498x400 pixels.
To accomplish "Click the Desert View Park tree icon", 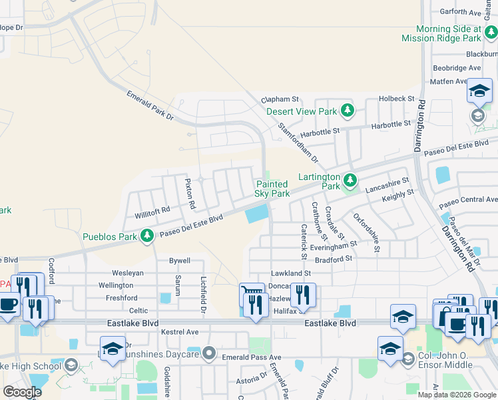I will coord(347,110).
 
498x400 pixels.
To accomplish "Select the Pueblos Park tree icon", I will coord(147,235).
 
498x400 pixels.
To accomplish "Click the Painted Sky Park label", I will coord(272,189).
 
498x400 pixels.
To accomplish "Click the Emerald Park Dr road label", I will coord(150,106).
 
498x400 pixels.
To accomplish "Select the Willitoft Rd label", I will coord(152,209).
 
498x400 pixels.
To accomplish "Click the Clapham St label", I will coord(282,99).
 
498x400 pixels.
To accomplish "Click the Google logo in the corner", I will coord(22,392).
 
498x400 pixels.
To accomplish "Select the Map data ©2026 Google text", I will coord(457,395).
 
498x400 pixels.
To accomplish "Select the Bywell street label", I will coord(180,261).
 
